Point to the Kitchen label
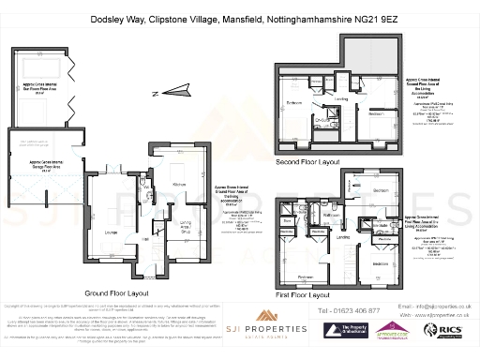coord(178,185)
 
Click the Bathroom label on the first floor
coord(331,214)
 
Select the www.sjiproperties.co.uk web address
coord(441,315)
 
